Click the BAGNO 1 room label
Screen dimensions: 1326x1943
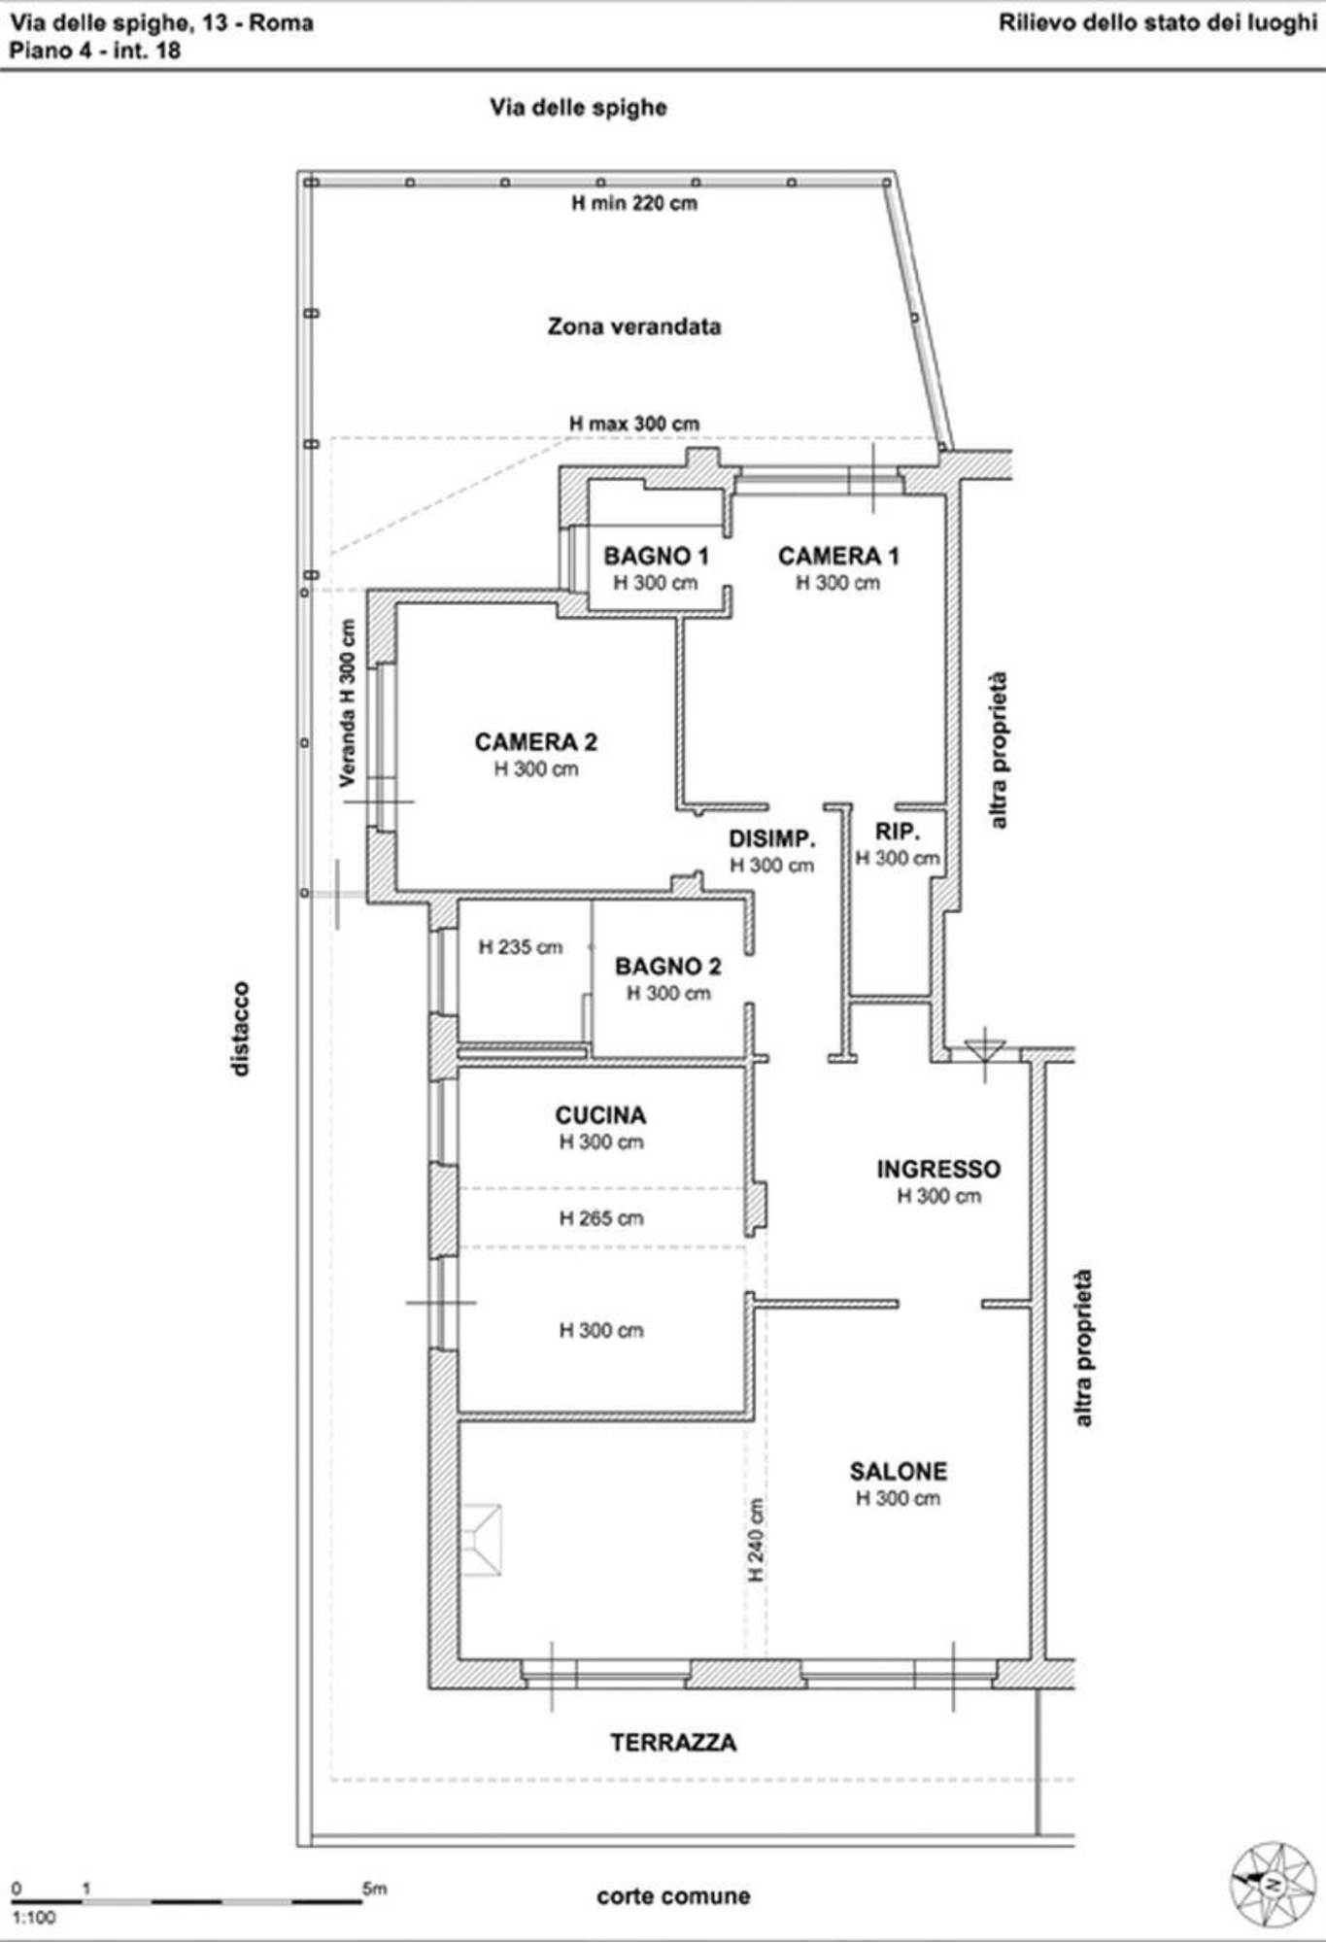(656, 557)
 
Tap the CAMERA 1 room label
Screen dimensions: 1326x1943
(838, 557)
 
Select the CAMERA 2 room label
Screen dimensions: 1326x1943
(536, 742)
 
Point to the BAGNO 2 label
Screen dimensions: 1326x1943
(668, 967)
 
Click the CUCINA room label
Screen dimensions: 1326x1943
(600, 1115)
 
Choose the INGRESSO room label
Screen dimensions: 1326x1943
(938, 1169)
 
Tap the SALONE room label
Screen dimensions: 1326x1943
(899, 1471)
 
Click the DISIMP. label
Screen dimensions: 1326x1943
(772, 839)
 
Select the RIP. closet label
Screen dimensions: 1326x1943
(898, 832)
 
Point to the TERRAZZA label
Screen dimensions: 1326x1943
(673, 1743)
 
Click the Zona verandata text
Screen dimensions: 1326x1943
(634, 326)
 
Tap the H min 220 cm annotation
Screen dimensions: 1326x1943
(634, 203)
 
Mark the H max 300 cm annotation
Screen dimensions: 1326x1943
(634, 425)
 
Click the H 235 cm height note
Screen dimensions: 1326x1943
(521, 947)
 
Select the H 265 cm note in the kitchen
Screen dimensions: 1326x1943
(601, 1218)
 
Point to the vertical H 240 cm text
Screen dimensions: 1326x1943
(756, 1540)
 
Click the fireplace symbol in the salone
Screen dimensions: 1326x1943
(481, 1540)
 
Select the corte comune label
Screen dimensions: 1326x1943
(673, 1896)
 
